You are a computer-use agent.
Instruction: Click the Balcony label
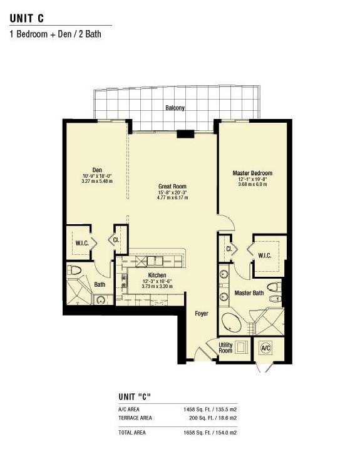point(175,108)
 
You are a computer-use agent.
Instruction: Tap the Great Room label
point(172,187)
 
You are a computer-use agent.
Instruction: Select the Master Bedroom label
point(252,173)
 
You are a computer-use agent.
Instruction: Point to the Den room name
point(97,170)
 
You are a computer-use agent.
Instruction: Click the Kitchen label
point(157,275)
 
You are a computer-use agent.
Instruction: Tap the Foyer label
point(202,314)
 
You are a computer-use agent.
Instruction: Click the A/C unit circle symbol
point(265,348)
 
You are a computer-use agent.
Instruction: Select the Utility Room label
point(225,348)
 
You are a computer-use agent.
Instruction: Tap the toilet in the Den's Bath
point(74,270)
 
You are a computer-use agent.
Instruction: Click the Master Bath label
point(249,293)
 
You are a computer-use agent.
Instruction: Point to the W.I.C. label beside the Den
point(82,243)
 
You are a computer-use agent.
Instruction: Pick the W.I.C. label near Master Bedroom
point(264,255)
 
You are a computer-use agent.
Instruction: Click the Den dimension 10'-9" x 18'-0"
point(97,176)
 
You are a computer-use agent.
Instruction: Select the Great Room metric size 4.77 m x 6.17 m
point(172,198)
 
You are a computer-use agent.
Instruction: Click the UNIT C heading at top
point(27,18)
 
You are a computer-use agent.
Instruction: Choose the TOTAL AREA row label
point(132,433)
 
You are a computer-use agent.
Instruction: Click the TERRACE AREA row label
point(135,418)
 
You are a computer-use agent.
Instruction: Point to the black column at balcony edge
point(185,134)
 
